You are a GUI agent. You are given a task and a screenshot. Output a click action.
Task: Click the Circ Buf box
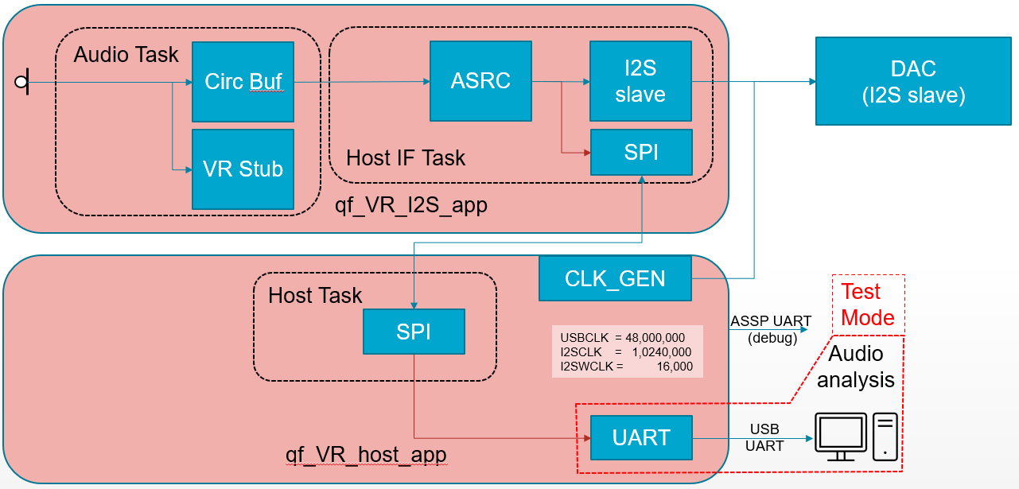(243, 82)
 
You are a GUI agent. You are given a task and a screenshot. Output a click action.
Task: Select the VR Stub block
(243, 169)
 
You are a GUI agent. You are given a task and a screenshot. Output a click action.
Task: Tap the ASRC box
(480, 81)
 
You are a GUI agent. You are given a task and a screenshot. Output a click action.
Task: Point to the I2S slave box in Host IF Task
(640, 81)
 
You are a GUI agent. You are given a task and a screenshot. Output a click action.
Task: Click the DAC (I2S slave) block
(913, 81)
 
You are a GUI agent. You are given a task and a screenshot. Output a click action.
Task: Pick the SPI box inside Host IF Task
(641, 153)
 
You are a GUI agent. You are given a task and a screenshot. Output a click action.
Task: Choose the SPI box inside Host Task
(414, 332)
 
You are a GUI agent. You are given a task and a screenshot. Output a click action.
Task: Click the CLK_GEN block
(615, 278)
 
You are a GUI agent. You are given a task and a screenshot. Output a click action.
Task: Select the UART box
(641, 437)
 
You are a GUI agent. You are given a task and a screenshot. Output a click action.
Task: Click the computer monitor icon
(841, 437)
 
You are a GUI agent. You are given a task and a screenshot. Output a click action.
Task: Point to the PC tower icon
(885, 437)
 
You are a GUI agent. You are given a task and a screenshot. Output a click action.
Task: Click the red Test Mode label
(868, 305)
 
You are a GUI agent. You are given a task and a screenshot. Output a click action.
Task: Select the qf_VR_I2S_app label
(411, 205)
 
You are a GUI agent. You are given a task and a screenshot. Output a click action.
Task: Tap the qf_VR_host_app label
(366, 455)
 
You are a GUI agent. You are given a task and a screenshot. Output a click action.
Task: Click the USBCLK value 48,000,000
(655, 337)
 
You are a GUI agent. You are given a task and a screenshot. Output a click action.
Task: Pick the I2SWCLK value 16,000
(675, 367)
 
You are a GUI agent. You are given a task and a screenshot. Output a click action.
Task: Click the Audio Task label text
(126, 55)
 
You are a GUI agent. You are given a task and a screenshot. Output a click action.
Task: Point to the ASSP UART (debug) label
(771, 329)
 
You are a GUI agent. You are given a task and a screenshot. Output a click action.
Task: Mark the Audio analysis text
(856, 367)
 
